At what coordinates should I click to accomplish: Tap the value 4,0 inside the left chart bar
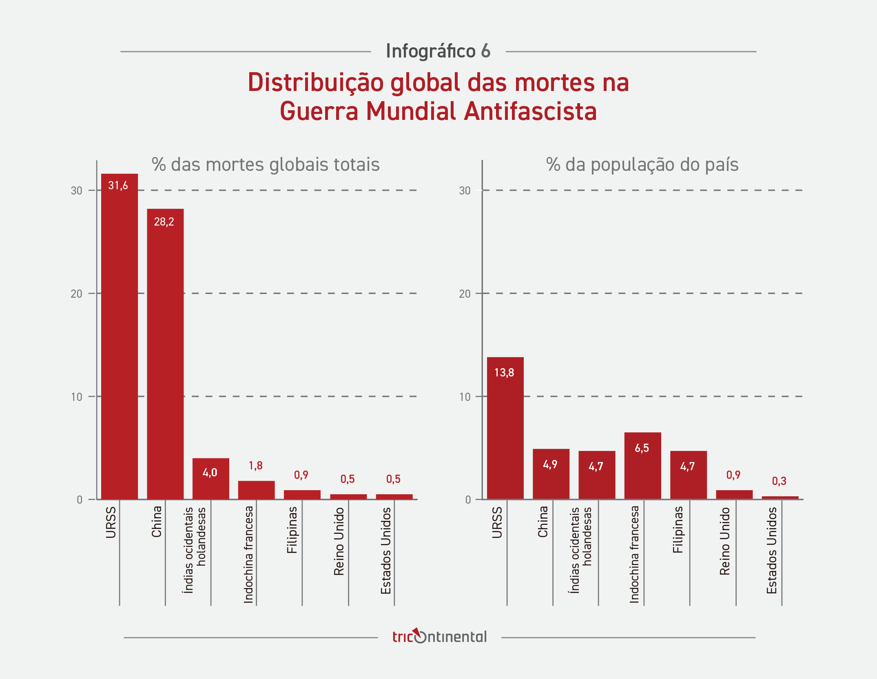click(x=210, y=473)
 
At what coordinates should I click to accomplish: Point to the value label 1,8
click(x=256, y=466)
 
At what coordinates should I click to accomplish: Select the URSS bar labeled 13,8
click(x=505, y=428)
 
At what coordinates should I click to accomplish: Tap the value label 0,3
click(x=779, y=481)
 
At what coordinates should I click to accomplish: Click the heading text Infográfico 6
click(x=438, y=51)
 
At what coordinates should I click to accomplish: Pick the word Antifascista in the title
click(x=530, y=111)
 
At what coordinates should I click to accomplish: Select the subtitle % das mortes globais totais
click(x=266, y=165)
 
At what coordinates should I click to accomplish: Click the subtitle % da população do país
click(x=642, y=165)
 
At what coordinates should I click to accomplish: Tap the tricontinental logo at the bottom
click(x=439, y=637)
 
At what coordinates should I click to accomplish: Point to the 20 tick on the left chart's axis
click(x=76, y=294)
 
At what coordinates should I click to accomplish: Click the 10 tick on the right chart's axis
click(x=465, y=397)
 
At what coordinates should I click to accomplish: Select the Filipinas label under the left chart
click(x=292, y=530)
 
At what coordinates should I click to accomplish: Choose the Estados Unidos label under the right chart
click(x=771, y=550)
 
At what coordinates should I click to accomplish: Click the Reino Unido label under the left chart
click(x=339, y=541)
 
